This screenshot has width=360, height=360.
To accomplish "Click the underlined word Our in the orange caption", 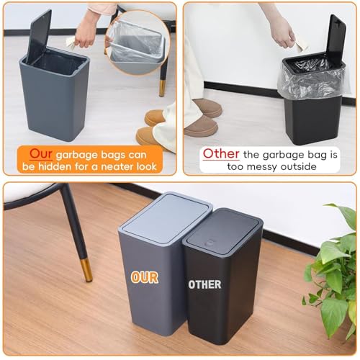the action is (x=41, y=154).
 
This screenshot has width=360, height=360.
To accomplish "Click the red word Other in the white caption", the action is (x=221, y=153).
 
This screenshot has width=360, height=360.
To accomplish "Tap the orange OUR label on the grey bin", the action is (x=145, y=278).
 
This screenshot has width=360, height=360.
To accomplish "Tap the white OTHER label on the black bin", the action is (x=204, y=284).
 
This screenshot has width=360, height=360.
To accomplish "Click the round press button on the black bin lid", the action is (x=210, y=243).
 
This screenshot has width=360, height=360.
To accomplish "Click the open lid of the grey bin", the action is (x=39, y=36).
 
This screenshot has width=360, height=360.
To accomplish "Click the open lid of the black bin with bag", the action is (x=336, y=40).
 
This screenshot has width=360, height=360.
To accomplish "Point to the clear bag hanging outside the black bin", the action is (x=311, y=81).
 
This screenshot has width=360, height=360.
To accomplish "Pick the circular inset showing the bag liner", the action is (x=138, y=42).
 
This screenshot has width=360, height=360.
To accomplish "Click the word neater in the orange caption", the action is (x=117, y=166).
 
